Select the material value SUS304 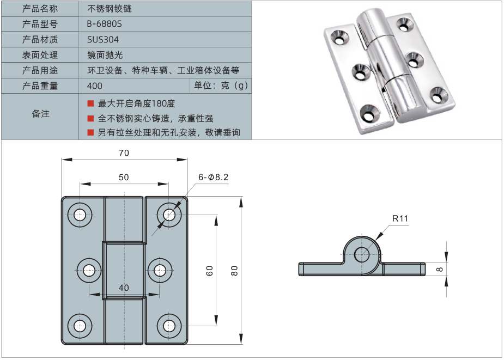[x=102, y=39]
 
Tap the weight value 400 [x=94, y=86]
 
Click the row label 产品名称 [x=40, y=9]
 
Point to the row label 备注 [x=40, y=114]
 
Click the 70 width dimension [x=124, y=153]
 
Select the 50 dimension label [x=124, y=177]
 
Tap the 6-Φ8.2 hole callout [x=213, y=177]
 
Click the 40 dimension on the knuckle [x=124, y=288]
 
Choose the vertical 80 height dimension [x=234, y=270]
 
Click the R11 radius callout [x=400, y=219]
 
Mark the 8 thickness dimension [x=439, y=269]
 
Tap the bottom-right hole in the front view [x=168, y=326]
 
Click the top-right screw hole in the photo [x=404, y=23]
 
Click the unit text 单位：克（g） [x=220, y=86]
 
